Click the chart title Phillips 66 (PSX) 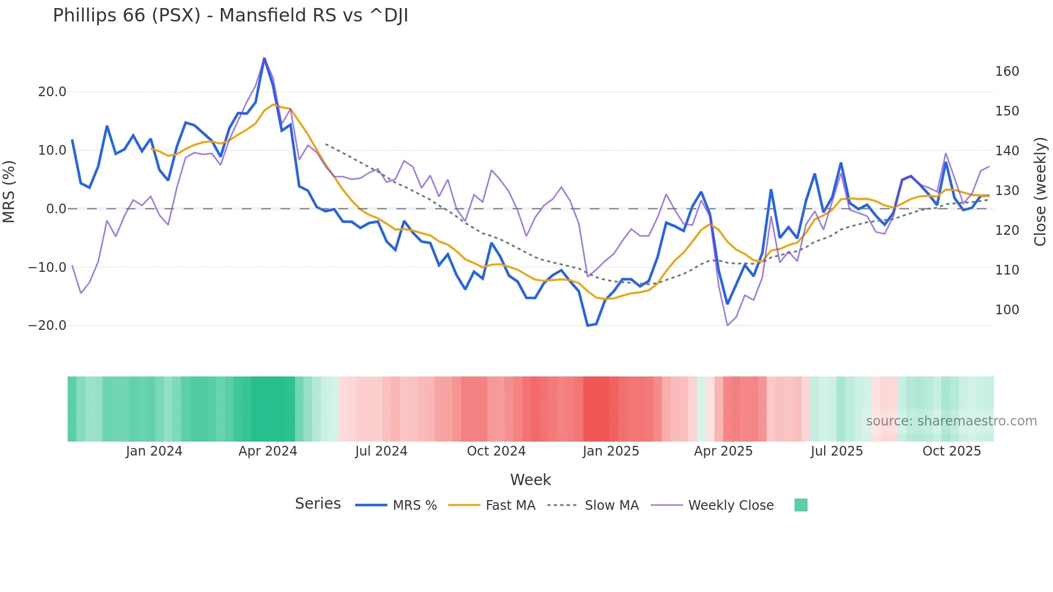(x=230, y=15)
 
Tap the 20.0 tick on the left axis (x=52, y=92)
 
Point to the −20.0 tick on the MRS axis (x=47, y=326)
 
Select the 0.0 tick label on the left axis (x=56, y=209)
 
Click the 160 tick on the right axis (x=1007, y=71)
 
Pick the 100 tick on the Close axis (x=1007, y=310)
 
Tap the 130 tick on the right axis (x=1007, y=191)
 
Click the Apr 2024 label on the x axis (x=268, y=451)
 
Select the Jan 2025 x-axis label (x=611, y=451)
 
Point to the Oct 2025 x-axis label (x=951, y=451)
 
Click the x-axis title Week (x=530, y=480)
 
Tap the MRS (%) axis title (x=9, y=191)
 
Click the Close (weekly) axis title (x=1041, y=191)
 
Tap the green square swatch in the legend (x=800, y=505)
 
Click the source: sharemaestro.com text (x=951, y=421)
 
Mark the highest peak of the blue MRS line (x=264, y=58)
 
